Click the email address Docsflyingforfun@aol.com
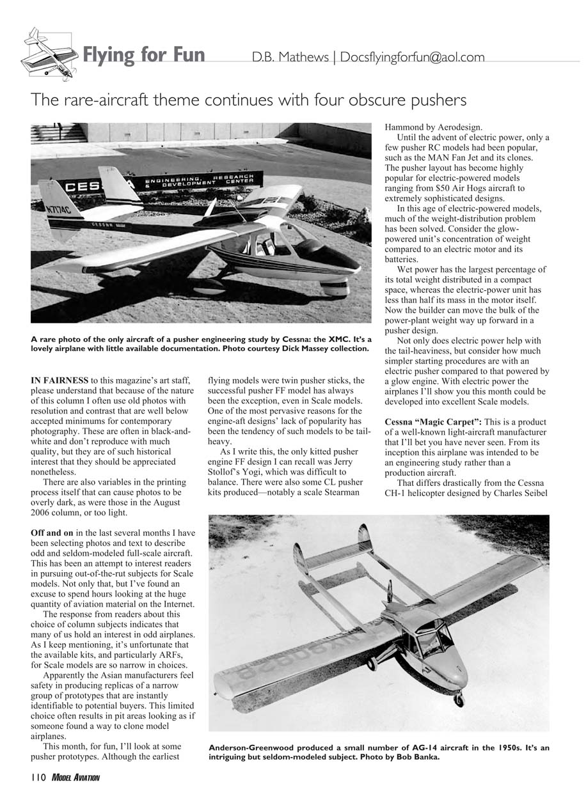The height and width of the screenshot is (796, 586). (x=412, y=57)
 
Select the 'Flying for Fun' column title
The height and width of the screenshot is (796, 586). (x=144, y=55)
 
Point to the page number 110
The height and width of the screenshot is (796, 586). (x=35, y=777)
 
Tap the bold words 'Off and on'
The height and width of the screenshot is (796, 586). (x=52, y=532)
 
